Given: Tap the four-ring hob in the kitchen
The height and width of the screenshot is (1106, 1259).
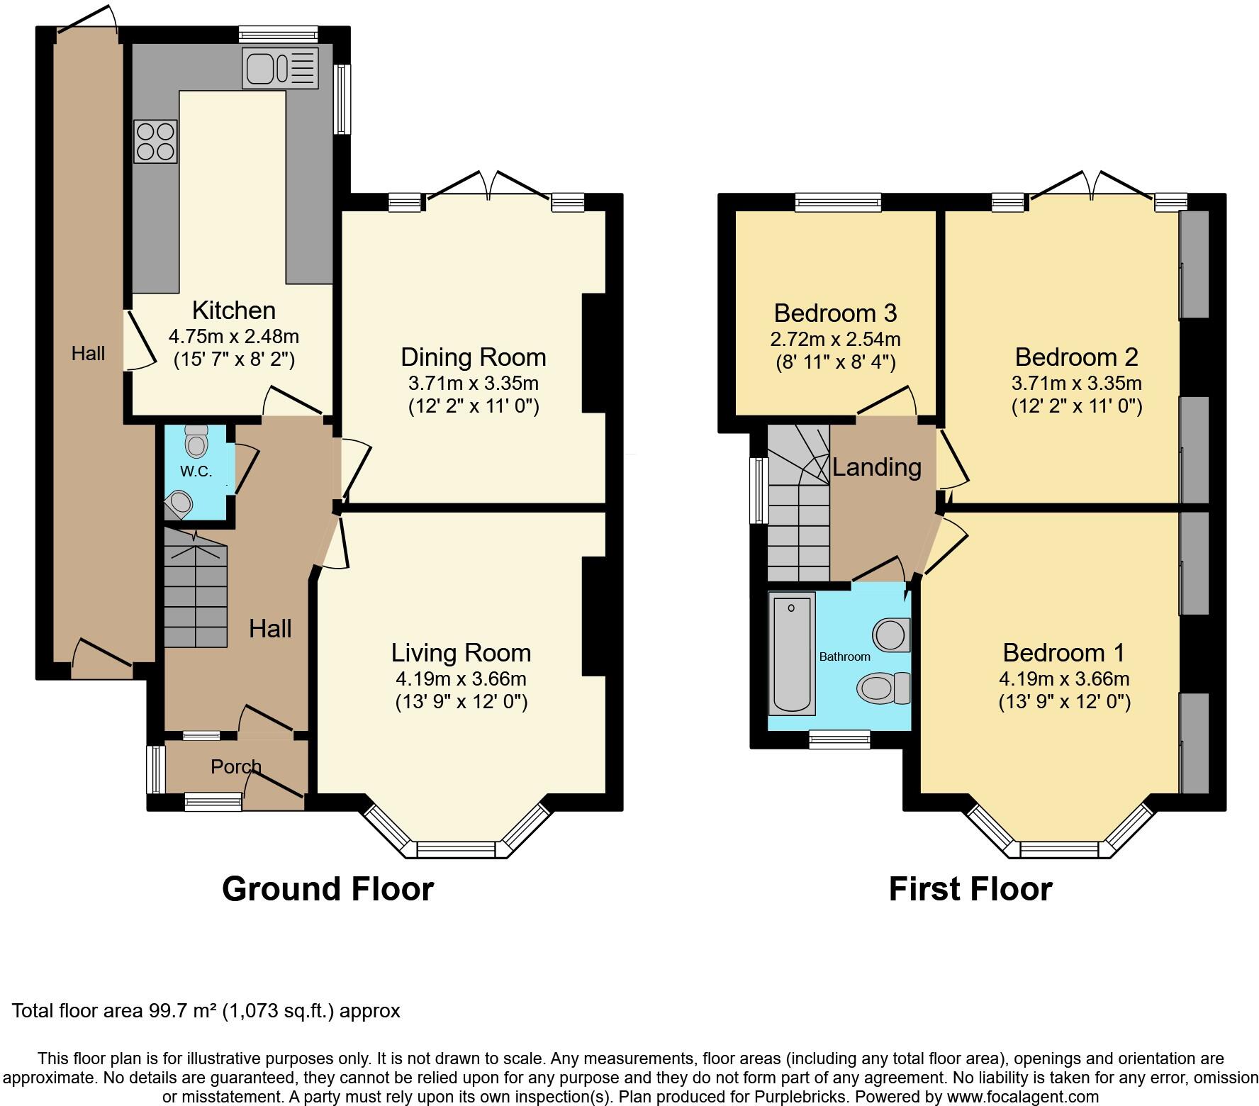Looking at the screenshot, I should [x=155, y=141].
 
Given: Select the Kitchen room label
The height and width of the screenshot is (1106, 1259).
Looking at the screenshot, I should [x=234, y=311].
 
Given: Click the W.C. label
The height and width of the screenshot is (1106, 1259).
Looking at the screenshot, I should [x=196, y=471].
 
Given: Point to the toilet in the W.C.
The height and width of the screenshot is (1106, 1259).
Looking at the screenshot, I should [x=196, y=441].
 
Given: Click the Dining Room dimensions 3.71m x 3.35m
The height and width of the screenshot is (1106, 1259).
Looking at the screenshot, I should [x=474, y=384].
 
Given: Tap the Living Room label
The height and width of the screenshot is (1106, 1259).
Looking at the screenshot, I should [x=461, y=652].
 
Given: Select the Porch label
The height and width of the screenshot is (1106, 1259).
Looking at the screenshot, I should [x=236, y=766].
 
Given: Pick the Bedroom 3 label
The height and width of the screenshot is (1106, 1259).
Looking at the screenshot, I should [x=835, y=313].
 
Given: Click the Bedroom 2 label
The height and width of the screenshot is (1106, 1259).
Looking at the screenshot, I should [x=1076, y=357].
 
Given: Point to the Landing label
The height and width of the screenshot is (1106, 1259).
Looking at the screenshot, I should [x=876, y=467].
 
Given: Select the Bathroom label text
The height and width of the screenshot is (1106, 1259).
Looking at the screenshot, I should [x=844, y=657].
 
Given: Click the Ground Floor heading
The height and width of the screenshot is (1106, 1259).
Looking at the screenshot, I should [x=328, y=889].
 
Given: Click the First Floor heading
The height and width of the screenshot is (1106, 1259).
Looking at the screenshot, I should [x=970, y=889].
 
